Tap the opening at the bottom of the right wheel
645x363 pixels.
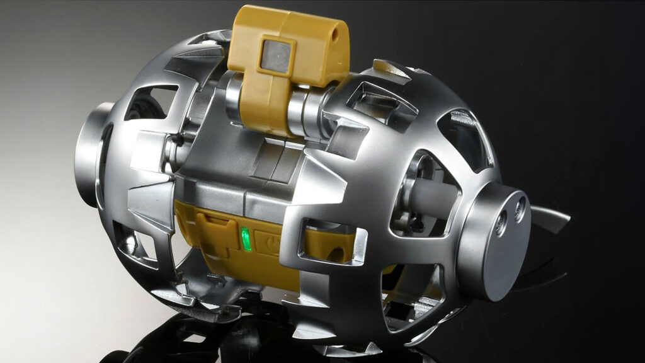click(409, 302)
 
